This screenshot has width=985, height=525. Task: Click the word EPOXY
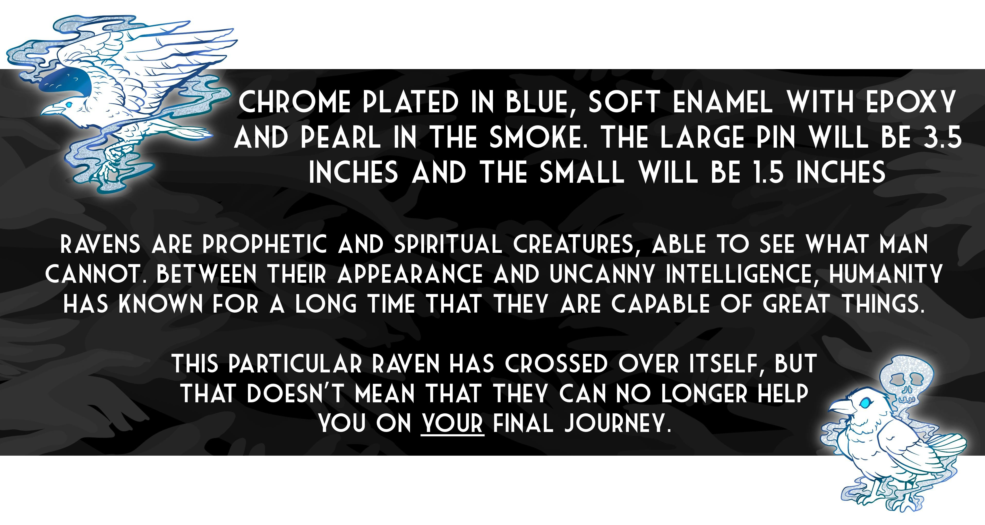click(x=910, y=102)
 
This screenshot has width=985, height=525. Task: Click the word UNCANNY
click(x=602, y=274)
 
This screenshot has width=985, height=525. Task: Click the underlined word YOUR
click(x=452, y=423)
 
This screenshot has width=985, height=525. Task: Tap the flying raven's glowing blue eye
click(x=68, y=104)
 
